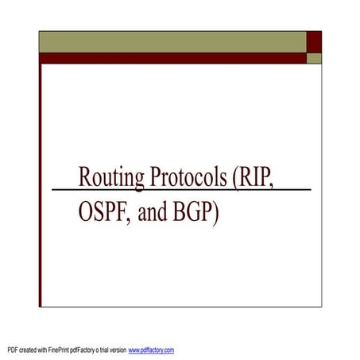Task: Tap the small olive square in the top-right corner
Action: (315, 58)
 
